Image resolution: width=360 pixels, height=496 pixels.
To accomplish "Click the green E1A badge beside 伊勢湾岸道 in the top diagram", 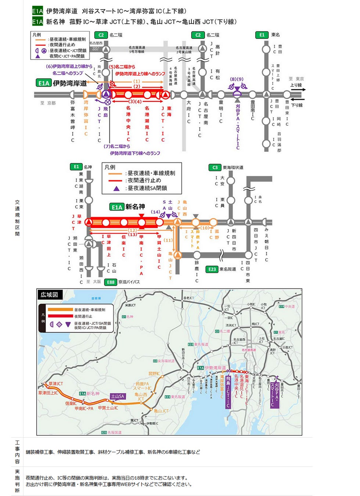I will coord(44,83).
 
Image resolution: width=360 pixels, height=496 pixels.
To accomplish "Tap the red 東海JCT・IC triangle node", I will coord(166,95).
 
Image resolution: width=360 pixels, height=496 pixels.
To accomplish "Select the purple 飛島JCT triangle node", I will coord(106,94).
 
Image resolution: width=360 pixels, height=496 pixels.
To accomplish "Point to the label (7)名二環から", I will coord(117,146).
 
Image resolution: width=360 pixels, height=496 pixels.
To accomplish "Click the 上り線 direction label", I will coord(296,85).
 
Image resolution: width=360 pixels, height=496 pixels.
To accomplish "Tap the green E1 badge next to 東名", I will coord(262,35).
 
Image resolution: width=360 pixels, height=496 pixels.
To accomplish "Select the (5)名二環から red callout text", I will coord(122,67).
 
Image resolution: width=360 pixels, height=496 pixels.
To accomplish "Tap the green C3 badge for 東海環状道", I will coord(215,168).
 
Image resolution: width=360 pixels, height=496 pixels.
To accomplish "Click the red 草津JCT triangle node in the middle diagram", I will coord(88,222).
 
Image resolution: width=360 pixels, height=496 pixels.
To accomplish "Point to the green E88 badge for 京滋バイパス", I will coord(111,282).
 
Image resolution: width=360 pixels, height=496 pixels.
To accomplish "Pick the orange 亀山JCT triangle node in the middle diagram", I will coord(178,255).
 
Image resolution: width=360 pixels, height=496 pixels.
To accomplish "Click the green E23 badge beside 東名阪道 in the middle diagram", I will coord(212,269).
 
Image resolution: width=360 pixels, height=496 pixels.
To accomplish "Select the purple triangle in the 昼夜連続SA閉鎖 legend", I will coord(116,188).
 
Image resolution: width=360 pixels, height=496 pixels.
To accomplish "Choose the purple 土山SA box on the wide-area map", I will coord(118,396).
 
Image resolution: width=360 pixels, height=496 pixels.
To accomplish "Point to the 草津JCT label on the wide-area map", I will coord(55,384).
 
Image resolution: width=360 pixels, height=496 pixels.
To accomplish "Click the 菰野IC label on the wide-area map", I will coord(154,374).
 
